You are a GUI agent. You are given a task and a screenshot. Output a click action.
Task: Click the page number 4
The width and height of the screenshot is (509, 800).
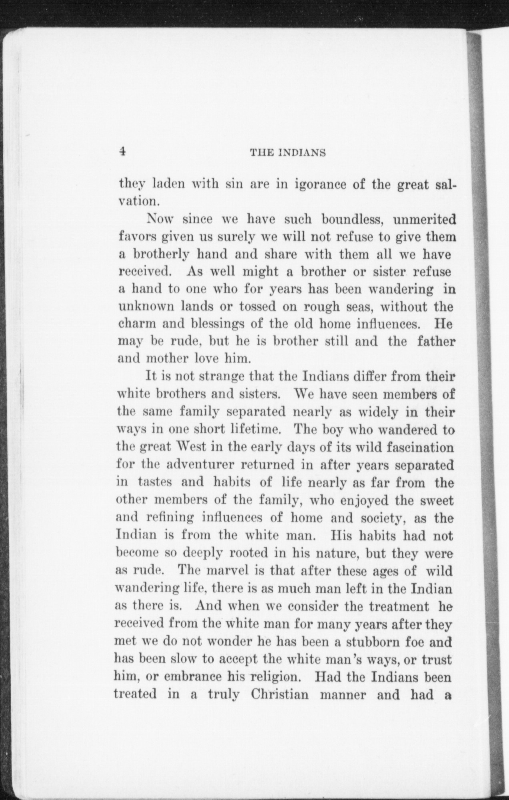[x=122, y=151]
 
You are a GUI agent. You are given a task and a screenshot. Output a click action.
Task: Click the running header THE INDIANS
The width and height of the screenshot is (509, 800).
[x=288, y=152]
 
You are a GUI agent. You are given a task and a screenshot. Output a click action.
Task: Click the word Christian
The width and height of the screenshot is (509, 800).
[x=280, y=694]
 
